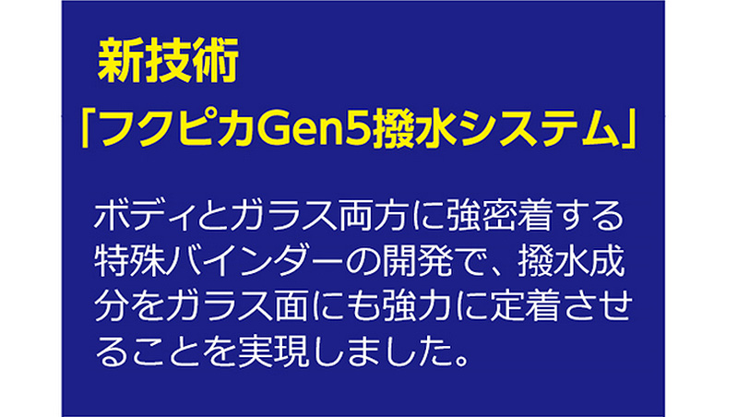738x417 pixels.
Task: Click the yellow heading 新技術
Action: pyautogui.click(x=168, y=61)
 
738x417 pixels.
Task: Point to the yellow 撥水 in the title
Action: pyautogui.click(x=414, y=128)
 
